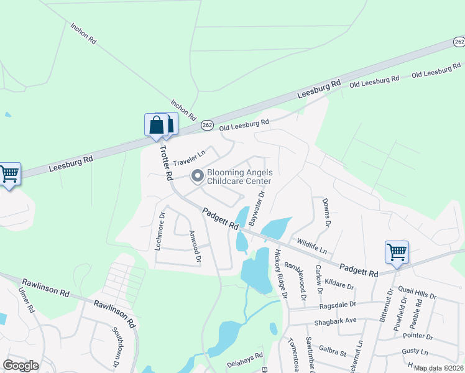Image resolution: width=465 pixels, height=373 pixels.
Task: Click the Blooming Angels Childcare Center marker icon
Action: pyautogui.click(x=198, y=177)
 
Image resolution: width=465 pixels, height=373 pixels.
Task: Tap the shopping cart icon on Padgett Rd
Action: pyautogui.click(x=397, y=252)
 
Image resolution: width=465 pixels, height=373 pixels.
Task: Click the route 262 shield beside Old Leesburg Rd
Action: pyautogui.click(x=208, y=126)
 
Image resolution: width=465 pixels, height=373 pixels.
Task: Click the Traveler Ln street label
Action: pyautogui.click(x=189, y=159)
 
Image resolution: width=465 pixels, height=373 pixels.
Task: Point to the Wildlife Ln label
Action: pyautogui.click(x=312, y=247)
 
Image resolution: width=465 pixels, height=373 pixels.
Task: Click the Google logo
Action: pyautogui.click(x=21, y=366)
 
